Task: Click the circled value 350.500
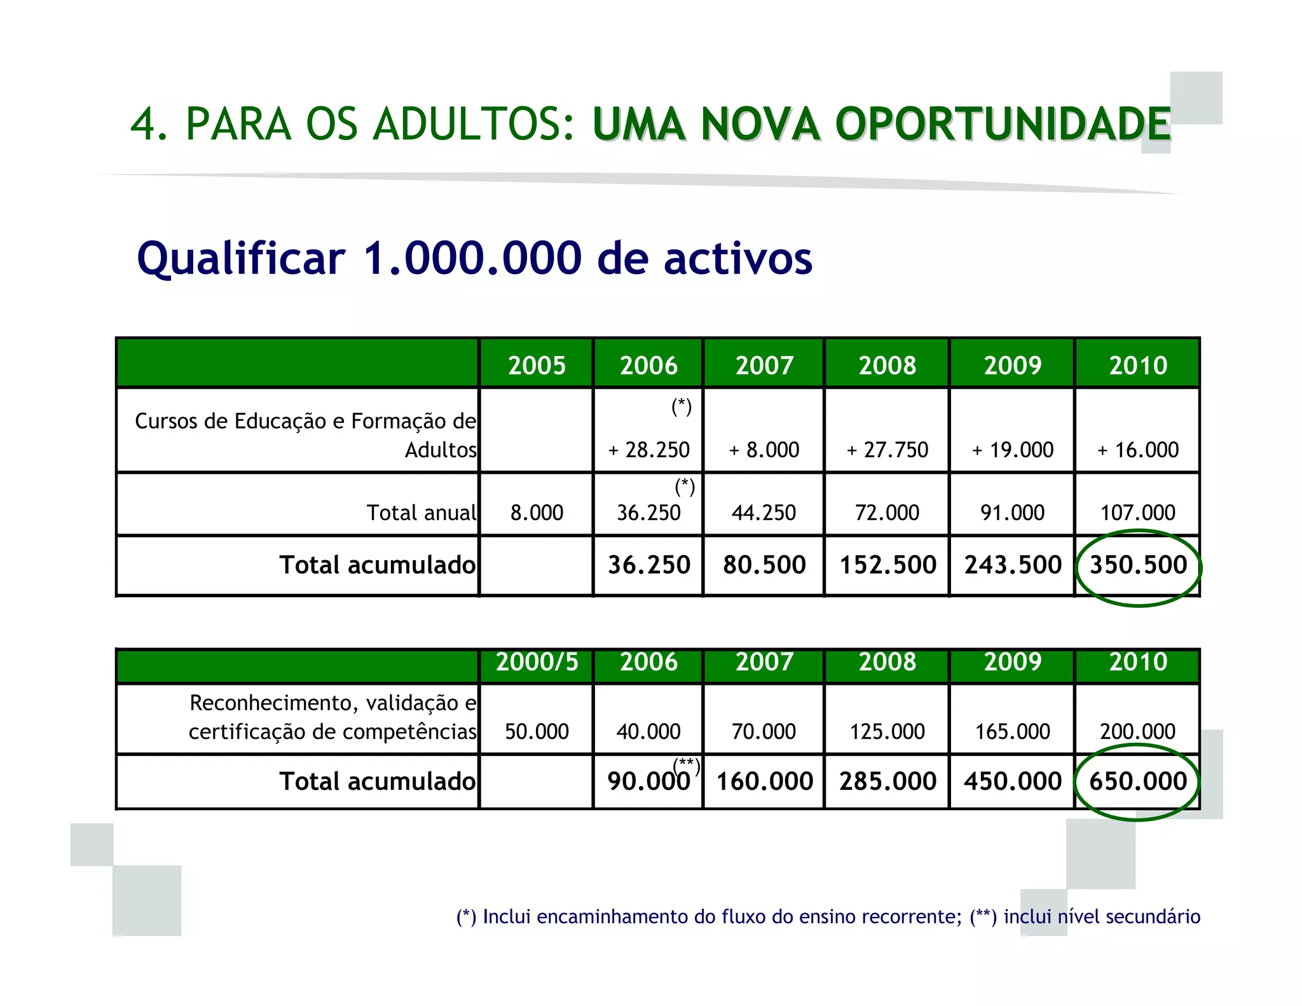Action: (1138, 565)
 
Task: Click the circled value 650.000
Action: (1138, 781)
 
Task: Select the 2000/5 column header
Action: (537, 663)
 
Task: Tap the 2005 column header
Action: (537, 366)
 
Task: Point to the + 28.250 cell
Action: (648, 450)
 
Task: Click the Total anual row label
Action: (421, 513)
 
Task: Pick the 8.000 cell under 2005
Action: (537, 513)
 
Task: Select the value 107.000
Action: (1138, 513)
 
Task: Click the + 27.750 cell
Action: (887, 450)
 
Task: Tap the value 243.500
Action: (1013, 565)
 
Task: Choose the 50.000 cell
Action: (537, 731)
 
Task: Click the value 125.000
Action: (887, 731)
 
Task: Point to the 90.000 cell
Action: (648, 781)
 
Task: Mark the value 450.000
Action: (1013, 781)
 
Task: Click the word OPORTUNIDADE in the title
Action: (1003, 124)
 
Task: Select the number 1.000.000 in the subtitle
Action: (472, 258)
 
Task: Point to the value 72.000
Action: (887, 513)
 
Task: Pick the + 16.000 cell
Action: (1138, 450)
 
